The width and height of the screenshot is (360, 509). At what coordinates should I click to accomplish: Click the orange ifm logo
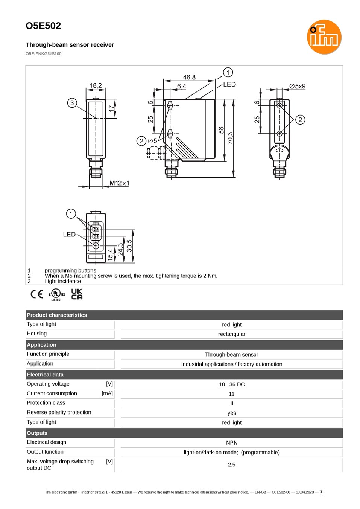(324, 37)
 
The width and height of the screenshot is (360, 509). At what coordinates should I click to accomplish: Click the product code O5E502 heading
(43, 26)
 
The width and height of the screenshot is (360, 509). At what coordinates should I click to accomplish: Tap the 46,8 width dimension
(189, 77)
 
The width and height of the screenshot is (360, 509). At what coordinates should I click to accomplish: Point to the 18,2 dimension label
(96, 85)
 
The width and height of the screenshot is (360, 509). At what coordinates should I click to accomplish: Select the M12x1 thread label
(119, 183)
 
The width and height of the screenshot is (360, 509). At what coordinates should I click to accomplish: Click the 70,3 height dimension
(230, 138)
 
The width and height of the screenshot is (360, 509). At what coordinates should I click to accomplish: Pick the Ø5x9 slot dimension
(297, 86)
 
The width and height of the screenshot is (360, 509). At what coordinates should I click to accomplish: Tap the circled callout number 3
(72, 103)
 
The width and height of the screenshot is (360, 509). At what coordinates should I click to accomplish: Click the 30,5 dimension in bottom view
(129, 245)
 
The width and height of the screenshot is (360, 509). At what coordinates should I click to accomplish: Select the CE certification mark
(37, 294)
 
